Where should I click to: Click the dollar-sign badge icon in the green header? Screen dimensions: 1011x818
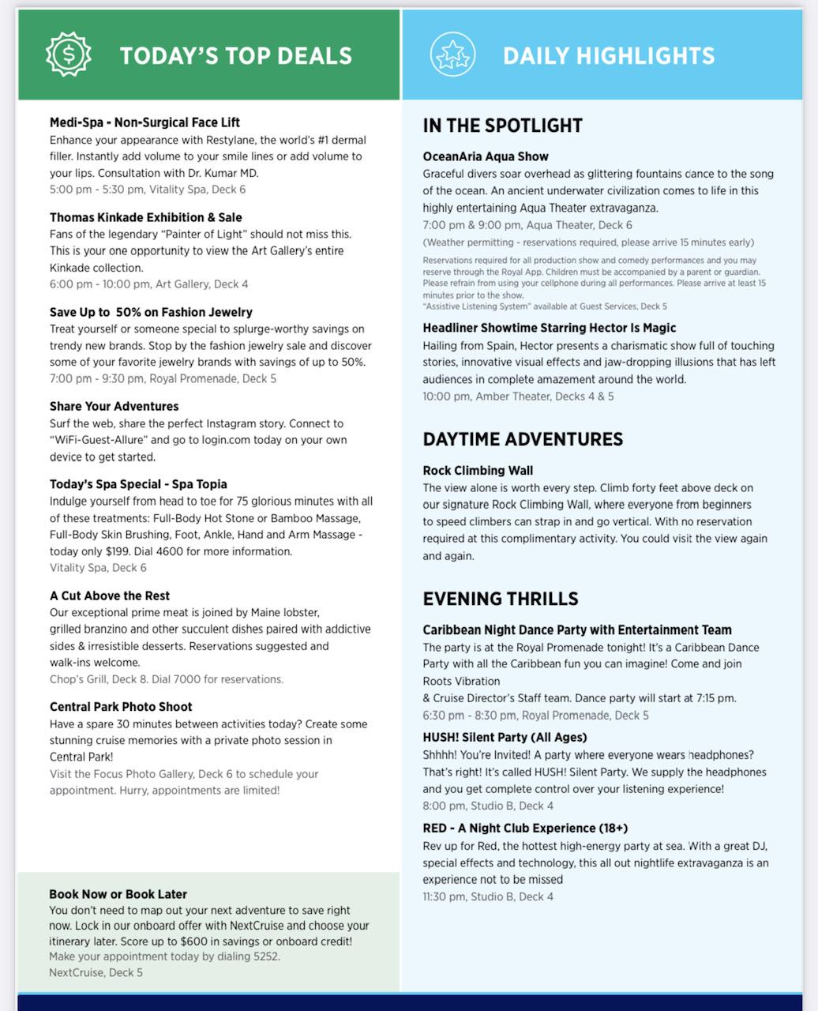pyautogui.click(x=68, y=54)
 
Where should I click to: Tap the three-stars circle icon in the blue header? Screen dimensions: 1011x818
pyautogui.click(x=453, y=54)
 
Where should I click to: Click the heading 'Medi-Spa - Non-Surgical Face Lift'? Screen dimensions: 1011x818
pyautogui.click(x=144, y=122)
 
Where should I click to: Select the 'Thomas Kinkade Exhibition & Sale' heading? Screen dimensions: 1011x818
pyautogui.click(x=146, y=217)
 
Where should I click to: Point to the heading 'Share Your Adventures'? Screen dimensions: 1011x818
pyautogui.click(x=114, y=406)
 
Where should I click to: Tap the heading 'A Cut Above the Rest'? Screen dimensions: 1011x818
pyautogui.click(x=110, y=596)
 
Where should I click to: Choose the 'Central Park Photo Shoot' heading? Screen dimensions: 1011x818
pyautogui.click(x=121, y=707)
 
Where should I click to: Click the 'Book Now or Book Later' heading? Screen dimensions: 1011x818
pyautogui.click(x=118, y=894)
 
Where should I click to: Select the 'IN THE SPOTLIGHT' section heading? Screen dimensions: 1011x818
pyautogui.click(x=502, y=126)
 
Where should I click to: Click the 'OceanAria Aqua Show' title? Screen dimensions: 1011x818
pyautogui.click(x=486, y=156)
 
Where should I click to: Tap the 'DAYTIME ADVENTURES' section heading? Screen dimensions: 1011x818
pyautogui.click(x=523, y=439)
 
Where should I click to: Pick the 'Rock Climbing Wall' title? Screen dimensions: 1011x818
pyautogui.click(x=478, y=471)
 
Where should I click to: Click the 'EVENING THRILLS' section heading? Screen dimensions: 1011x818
pyautogui.click(x=501, y=599)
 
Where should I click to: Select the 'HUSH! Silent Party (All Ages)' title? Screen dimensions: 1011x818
pyautogui.click(x=505, y=737)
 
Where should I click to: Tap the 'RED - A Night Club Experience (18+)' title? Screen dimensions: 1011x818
pyautogui.click(x=525, y=828)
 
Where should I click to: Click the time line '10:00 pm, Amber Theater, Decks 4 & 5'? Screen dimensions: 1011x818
pyautogui.click(x=518, y=397)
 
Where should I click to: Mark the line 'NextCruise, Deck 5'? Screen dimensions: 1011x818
pyautogui.click(x=96, y=972)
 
